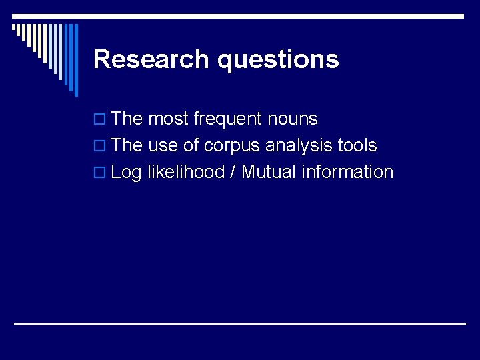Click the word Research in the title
(152, 59)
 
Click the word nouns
(292, 119)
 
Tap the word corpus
(232, 147)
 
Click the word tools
(357, 145)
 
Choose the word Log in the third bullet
(126, 173)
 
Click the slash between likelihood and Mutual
(233, 172)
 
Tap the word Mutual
(269, 172)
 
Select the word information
(347, 172)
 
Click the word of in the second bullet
(190, 145)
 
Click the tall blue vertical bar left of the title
(75, 60)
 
